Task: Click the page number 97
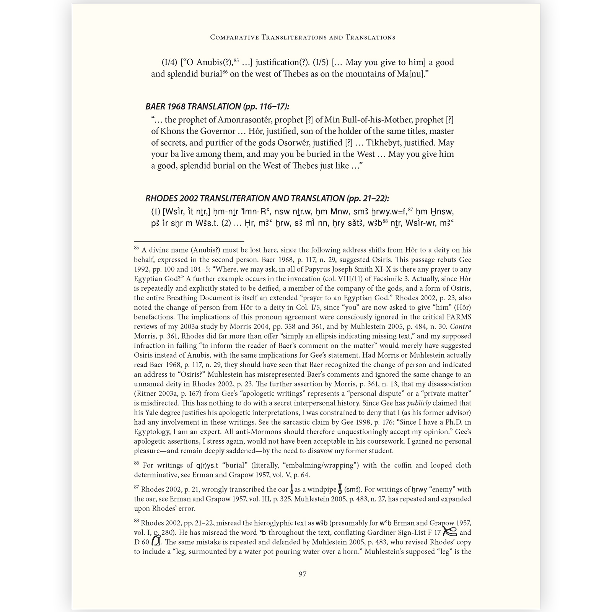point(302,574)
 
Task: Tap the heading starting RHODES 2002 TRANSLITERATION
point(267,198)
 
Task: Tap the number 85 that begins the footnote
point(137,248)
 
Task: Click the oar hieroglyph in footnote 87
point(292,489)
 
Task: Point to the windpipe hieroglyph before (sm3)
point(340,488)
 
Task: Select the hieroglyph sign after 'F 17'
point(449,531)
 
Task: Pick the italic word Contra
point(461,327)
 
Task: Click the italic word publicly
point(419,403)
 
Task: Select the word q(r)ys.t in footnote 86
point(207,466)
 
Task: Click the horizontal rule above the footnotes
point(189,241)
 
